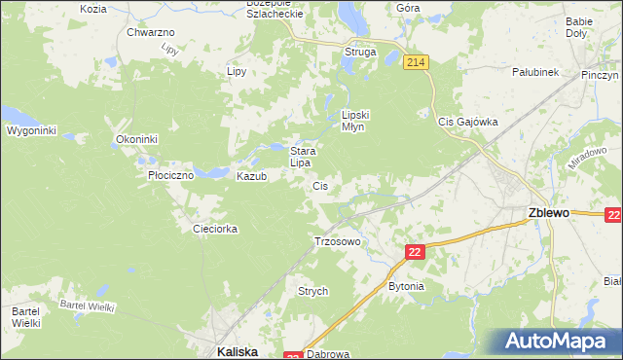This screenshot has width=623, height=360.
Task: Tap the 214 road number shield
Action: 416,62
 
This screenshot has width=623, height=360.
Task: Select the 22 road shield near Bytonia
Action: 416,252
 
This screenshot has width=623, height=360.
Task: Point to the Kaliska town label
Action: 236,352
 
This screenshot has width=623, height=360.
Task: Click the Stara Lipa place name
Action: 301,157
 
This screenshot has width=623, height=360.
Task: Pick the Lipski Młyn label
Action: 352,120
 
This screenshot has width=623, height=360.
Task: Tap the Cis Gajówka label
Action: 467,122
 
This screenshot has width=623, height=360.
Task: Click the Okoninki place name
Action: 136,139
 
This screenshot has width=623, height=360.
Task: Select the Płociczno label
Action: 170,176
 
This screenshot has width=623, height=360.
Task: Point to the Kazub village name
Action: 251,176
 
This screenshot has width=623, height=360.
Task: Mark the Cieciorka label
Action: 215,229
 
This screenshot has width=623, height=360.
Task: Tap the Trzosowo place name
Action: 338,240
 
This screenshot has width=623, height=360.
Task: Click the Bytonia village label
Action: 406,286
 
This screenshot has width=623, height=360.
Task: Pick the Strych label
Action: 312,291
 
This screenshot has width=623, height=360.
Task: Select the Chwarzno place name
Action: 150,32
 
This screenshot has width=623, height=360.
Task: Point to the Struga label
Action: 359,52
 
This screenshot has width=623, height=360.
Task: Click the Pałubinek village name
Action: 534,72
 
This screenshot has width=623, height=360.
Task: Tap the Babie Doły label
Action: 578,26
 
